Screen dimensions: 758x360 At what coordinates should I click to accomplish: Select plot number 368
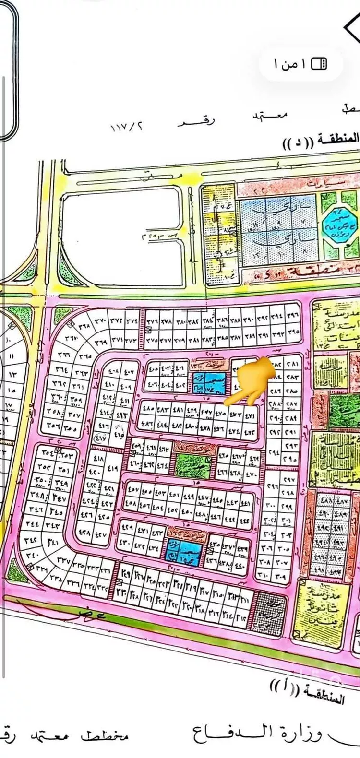pos(84,325)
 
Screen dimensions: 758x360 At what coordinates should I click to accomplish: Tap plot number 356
pos(52,426)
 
